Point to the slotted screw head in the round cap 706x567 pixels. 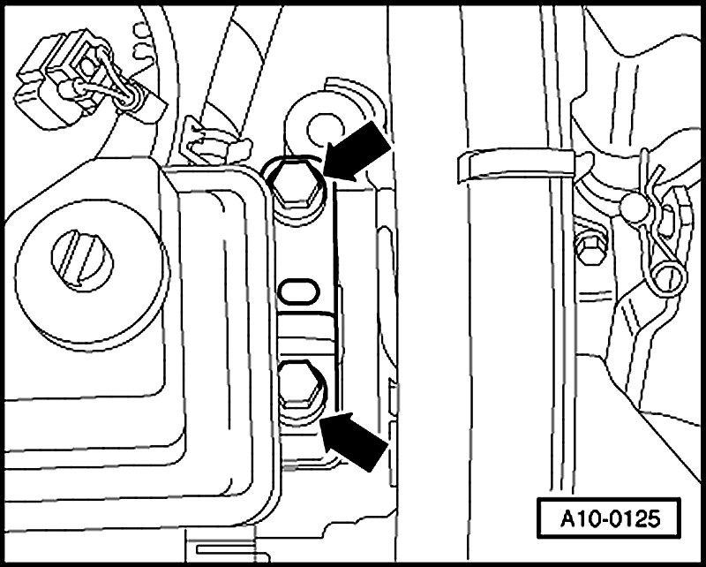click(83, 256)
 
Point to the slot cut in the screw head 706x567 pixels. click(83, 256)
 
